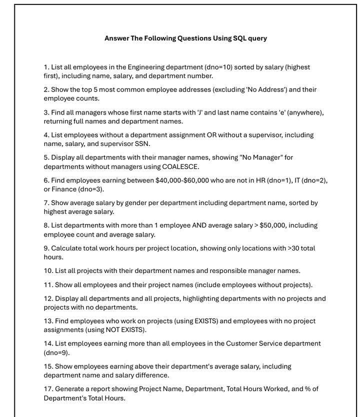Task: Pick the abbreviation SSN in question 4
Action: pos(142,144)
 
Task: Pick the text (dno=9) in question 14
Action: pos(56,352)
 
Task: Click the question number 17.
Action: pos(47,389)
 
